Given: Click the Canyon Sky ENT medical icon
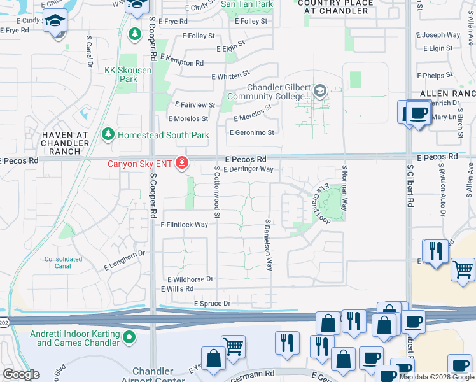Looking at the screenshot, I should coord(183,164).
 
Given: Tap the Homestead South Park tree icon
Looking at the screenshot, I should coord(108,134).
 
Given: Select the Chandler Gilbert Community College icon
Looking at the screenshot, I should coord(319,92).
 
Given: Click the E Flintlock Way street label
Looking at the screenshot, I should coord(185,225).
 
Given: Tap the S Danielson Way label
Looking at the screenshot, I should coord(269,245).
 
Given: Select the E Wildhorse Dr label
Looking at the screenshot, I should coord(190,279).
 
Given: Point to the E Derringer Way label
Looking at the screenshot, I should coord(248,170).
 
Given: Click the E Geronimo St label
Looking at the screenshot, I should coord(251,132).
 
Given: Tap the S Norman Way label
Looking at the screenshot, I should coord(345,188).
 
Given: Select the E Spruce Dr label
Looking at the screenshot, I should coord(212,304).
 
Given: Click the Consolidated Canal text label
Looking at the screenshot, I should coord(64,262).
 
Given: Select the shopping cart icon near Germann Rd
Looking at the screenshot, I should coord(234,345).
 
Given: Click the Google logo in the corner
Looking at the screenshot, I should coord(21,374).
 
